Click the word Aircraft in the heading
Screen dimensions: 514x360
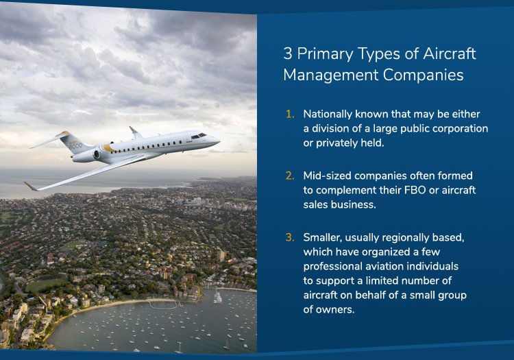point(450,53)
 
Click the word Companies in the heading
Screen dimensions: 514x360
point(424,75)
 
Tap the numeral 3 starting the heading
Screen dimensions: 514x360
point(287,53)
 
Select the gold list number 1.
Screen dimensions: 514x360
point(290,114)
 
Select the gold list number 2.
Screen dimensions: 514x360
point(290,176)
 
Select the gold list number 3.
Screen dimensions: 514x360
point(290,237)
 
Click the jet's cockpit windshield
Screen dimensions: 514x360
point(198,136)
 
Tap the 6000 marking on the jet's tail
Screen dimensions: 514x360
point(75,146)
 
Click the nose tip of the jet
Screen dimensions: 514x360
point(219,142)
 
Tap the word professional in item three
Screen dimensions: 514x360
point(330,267)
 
